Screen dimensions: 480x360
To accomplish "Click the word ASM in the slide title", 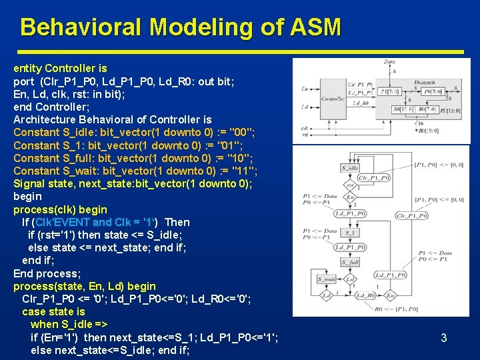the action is [x=315, y=27].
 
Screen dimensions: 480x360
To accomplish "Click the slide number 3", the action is [x=443, y=338].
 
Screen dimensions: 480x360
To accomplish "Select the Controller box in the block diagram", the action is [x=333, y=98].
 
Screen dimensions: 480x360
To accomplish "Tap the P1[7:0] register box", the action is [x=390, y=91].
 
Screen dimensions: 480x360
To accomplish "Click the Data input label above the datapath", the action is [x=389, y=63].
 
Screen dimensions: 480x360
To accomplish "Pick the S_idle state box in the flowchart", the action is [x=350, y=167].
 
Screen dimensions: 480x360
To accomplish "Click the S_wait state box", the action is [x=327, y=279].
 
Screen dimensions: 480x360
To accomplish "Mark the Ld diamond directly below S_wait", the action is [x=327, y=295].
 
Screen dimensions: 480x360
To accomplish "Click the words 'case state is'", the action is [x=53, y=311].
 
